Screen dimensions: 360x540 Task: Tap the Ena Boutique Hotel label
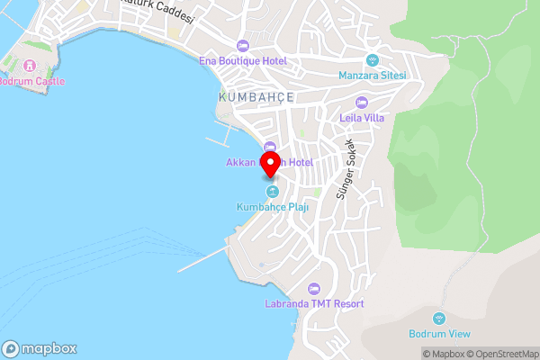pos(243,60)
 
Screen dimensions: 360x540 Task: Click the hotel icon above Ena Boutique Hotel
pos(242,46)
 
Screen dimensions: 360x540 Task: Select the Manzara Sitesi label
pos(373,75)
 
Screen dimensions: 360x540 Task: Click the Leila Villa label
pos(362,116)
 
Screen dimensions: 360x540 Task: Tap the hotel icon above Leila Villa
pos(362,102)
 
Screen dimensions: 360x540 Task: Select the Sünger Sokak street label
pos(346,170)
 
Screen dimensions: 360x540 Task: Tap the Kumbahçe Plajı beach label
pos(271,207)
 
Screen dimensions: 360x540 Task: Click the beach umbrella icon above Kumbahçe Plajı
pos(271,192)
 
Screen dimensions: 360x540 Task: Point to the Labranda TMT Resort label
pos(314,304)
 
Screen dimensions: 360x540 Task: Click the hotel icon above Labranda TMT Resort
pos(314,289)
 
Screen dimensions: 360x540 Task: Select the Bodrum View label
pos(439,334)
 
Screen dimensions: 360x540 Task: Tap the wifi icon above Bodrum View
pos(439,319)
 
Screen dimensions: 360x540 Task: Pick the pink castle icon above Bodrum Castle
pos(29,66)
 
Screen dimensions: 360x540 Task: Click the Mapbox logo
pos(40,349)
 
